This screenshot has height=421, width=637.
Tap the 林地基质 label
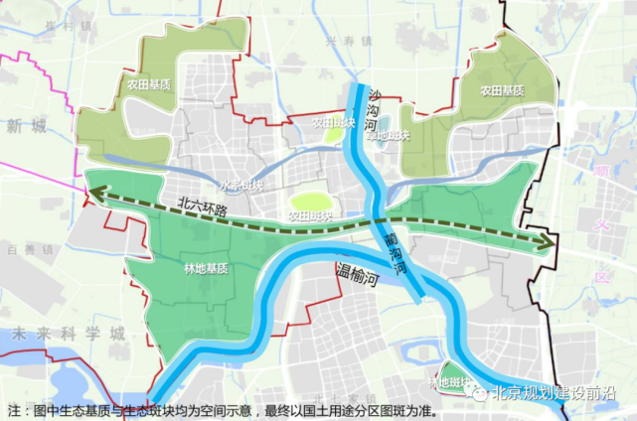(206, 268)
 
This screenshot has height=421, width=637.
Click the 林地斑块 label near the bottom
(448, 381)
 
